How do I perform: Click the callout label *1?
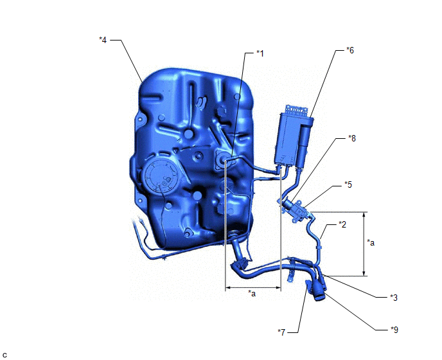pos(260,53)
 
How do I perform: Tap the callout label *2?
pos(342,224)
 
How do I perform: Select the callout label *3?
pos(394,298)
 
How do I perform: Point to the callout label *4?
pos(103,40)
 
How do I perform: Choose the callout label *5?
pos(348,184)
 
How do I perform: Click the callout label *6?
pos(350,50)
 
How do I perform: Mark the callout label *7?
pos(281,332)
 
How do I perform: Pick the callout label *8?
pos(352,138)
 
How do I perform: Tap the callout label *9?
pos(394,330)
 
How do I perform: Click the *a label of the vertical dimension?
pos(371,242)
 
